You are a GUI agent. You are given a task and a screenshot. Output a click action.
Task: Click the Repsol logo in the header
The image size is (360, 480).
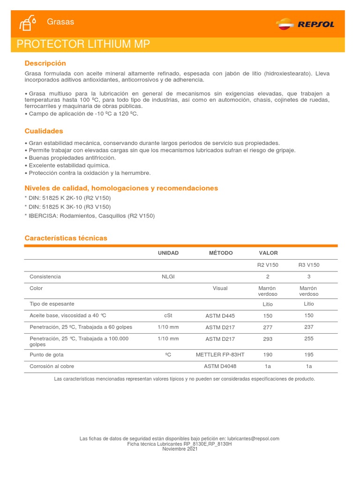(x=305, y=23)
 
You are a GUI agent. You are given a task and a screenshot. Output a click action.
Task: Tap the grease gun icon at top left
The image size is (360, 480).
(x=28, y=22)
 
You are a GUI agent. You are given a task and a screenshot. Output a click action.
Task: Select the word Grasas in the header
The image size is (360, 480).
(x=60, y=22)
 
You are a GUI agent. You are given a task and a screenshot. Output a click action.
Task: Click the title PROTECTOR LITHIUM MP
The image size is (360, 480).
(x=83, y=45)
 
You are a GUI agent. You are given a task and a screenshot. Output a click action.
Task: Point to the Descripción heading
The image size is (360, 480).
(x=45, y=63)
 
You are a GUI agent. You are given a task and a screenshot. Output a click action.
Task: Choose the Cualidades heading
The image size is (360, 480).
(x=44, y=131)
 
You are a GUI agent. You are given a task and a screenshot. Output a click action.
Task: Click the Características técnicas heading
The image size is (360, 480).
(x=66, y=238)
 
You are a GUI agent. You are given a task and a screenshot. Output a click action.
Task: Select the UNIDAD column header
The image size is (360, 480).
(x=168, y=253)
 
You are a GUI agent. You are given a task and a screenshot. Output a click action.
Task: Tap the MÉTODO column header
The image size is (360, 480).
(x=220, y=253)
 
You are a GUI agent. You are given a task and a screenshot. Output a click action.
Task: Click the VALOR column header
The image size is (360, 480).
(x=268, y=253)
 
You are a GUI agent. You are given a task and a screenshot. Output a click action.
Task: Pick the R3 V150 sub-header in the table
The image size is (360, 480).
(x=309, y=265)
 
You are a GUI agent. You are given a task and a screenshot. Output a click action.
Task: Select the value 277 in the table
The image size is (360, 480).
(x=268, y=327)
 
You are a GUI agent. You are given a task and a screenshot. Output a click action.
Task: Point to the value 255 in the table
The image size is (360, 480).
(x=309, y=338)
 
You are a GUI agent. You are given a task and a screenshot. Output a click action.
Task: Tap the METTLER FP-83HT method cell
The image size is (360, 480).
(x=220, y=355)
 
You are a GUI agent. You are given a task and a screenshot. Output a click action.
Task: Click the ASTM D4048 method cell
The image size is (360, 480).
(x=220, y=367)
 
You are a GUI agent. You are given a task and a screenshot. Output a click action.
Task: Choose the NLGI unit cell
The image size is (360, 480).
(x=168, y=277)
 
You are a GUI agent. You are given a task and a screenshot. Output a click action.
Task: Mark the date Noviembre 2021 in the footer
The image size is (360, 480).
(x=180, y=449)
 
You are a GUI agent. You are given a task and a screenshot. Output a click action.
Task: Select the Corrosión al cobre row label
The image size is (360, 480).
(x=52, y=367)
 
